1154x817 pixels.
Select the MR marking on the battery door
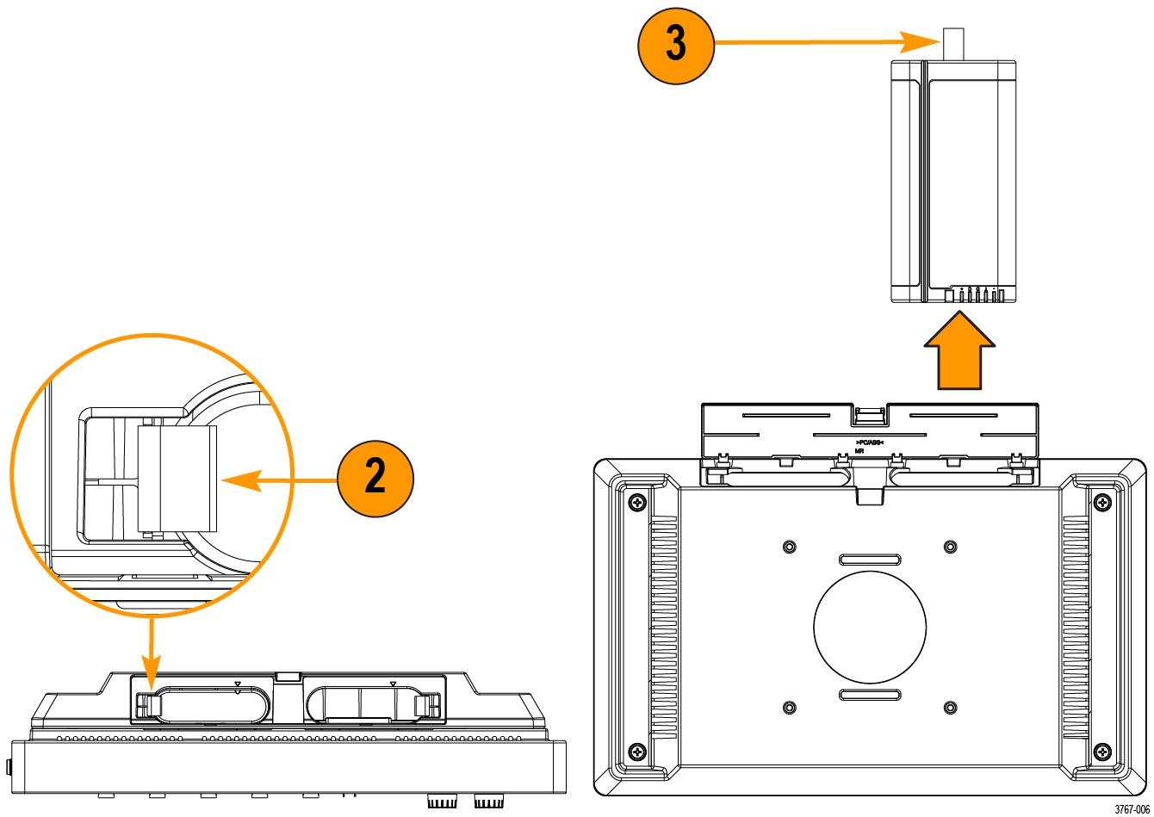(860, 449)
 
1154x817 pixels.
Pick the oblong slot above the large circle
(870, 560)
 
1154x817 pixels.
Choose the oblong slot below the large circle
(870, 694)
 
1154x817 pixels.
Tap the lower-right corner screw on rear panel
(1102, 751)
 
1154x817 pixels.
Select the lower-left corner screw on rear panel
(637, 751)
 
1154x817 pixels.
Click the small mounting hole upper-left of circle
(790, 546)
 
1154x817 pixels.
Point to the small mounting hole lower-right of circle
(950, 708)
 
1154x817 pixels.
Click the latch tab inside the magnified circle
(177, 479)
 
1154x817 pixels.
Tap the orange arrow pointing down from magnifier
(152, 645)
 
